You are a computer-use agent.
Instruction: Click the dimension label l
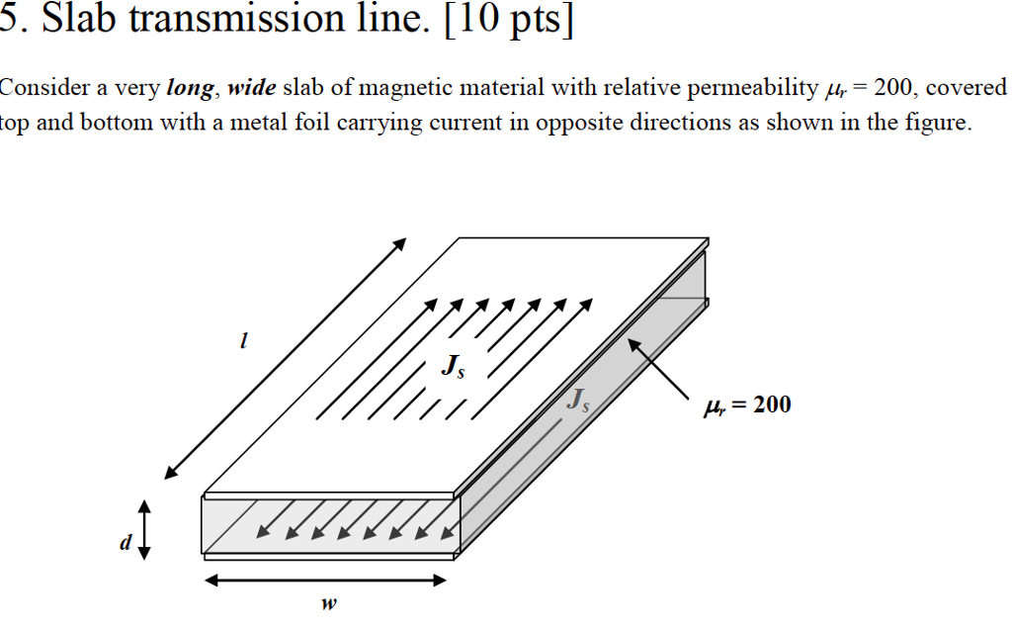tap(242, 341)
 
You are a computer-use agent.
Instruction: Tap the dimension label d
tap(123, 542)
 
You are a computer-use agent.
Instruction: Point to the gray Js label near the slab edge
tap(577, 401)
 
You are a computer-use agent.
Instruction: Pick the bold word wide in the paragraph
tap(252, 89)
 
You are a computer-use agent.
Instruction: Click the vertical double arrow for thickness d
tap(145, 529)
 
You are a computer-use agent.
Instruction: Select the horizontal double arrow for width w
tap(325, 581)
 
